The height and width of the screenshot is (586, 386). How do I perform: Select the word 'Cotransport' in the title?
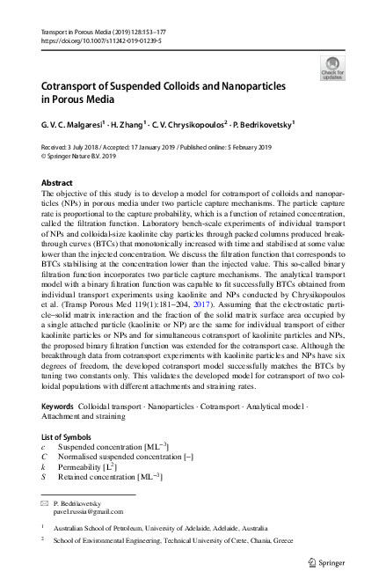coord(77,89)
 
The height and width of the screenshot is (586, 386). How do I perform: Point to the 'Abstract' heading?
coord(58,182)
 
